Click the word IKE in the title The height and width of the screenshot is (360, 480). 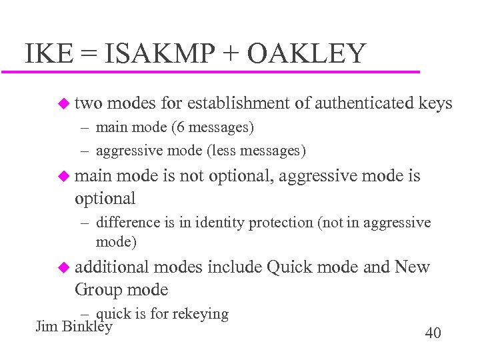[48, 53]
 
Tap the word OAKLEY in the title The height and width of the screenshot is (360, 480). [306, 53]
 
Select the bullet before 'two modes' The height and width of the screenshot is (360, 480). [63, 103]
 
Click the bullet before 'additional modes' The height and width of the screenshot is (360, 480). [63, 267]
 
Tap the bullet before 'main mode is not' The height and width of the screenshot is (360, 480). [63, 176]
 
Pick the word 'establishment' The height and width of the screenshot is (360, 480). [238, 103]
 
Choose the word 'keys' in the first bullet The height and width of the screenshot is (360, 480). [435, 103]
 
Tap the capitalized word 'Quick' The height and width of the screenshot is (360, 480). [289, 267]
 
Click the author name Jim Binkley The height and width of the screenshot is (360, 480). [73, 327]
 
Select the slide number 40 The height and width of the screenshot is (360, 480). [433, 333]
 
